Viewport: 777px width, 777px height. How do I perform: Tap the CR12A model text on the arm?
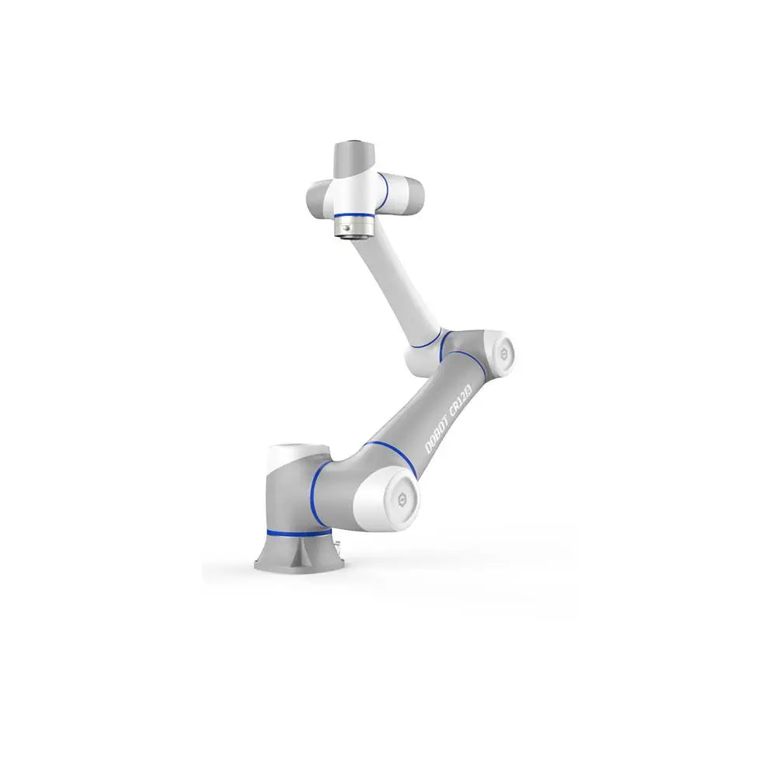click(x=463, y=399)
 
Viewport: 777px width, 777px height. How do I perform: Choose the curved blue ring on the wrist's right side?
click(x=384, y=191)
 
